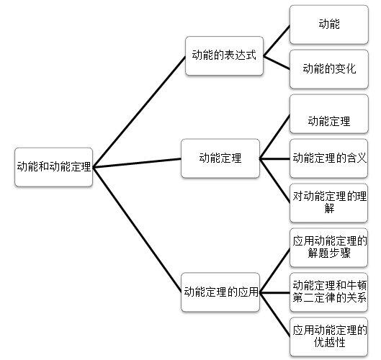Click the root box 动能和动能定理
[54, 167]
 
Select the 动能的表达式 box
[224, 55]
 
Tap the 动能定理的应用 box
[220, 292]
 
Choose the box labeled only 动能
[329, 24]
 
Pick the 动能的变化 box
[329, 69]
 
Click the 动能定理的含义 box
[328, 158]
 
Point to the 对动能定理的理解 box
[328, 203]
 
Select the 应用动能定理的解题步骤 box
[328, 248]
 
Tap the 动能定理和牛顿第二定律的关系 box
[328, 292]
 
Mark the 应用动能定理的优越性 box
[328, 337]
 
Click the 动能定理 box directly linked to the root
[220, 158]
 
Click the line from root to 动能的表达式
[139, 112]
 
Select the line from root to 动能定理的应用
[138, 230]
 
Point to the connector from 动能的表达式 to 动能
[277, 40]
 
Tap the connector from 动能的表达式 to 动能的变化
[277, 63]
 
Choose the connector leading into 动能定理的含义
[274, 159]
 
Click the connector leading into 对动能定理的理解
[274, 181]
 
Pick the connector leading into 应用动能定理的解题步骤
[275, 271]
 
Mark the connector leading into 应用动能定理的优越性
[275, 315]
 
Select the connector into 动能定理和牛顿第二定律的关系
[274, 292]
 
